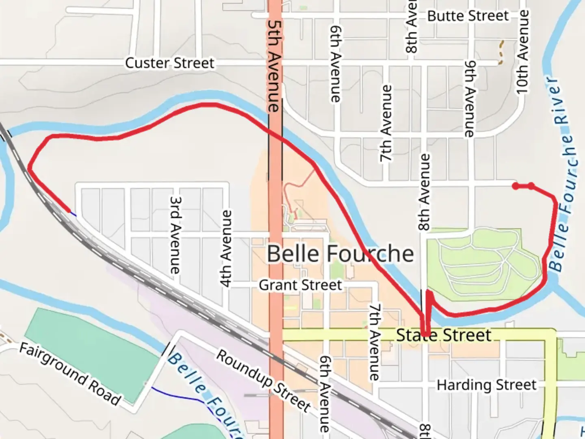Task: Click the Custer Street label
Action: pyautogui.click(x=169, y=63)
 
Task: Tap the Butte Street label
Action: pyautogui.click(x=468, y=16)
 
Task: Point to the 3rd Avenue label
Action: pyautogui.click(x=175, y=235)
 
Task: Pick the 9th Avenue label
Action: pyautogui.click(x=470, y=99)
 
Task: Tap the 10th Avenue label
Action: pyautogui.click(x=522, y=52)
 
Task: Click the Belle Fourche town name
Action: pyautogui.click(x=340, y=254)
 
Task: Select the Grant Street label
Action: pyautogui.click(x=300, y=285)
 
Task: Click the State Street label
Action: pyautogui.click(x=444, y=335)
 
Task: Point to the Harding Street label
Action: pyautogui.click(x=486, y=385)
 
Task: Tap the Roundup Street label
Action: pyautogui.click(x=263, y=380)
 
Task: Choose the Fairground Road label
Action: pyautogui.click(x=70, y=374)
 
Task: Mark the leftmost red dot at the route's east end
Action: pyautogui.click(x=516, y=186)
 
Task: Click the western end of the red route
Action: pyautogui.click(x=69, y=211)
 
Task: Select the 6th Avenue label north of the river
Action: pyautogui.click(x=336, y=64)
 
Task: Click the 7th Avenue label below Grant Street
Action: pyautogui.click(x=374, y=341)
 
